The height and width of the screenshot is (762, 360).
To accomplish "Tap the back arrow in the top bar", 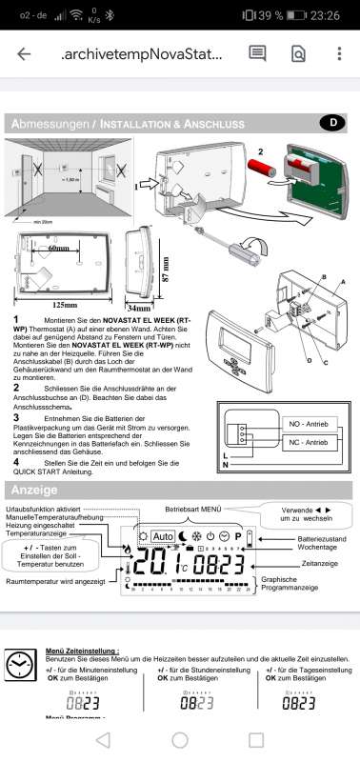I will coord(24,54).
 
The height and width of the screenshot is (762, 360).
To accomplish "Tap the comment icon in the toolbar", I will coord(257,54).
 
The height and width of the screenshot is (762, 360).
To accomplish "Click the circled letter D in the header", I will coord(331,122).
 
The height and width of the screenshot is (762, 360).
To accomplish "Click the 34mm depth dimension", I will coord(139,309).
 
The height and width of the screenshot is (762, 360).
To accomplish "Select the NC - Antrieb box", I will coord(306,443).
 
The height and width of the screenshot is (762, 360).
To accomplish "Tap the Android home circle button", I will coord(180,739).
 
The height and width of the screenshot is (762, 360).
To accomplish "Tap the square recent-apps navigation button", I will coord(255,739).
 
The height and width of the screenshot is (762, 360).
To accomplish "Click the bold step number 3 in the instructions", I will coord(16,417).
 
